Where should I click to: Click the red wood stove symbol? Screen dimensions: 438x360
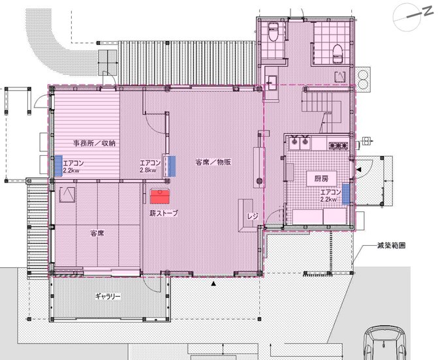pos(160,197)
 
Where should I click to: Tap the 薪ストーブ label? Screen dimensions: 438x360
pos(164,213)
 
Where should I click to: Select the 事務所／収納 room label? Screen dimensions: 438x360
pos(94,143)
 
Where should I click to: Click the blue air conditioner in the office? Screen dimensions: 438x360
pos(58,166)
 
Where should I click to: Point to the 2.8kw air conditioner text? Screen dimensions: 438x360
pos(148,170)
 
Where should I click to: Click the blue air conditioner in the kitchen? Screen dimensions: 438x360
pos(346,194)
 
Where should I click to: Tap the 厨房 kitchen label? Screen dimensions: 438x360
pos(321,179)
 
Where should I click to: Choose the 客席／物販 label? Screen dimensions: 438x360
pos(213,162)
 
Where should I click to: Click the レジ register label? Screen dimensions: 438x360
pos(252,216)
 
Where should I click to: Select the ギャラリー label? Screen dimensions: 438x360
pos(108,296)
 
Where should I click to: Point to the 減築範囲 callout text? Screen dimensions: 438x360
pos(391,246)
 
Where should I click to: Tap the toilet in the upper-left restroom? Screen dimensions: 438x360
pos(273,31)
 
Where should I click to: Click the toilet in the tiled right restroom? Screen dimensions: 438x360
pos(338,54)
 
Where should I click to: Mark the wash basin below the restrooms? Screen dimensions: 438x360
pos(270,83)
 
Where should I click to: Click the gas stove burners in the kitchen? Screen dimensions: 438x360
pos(338,145)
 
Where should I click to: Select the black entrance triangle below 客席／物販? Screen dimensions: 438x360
pos(213,284)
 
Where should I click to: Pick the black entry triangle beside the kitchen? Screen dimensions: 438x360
pos(359,170)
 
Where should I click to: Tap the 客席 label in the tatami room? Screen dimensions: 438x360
pos(97,233)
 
